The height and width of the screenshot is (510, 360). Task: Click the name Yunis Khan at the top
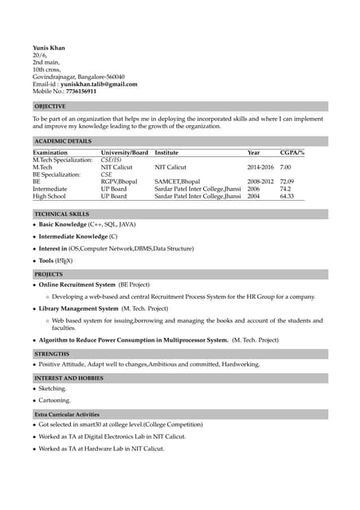point(49,48)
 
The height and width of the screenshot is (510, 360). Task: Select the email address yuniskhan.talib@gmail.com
point(99,84)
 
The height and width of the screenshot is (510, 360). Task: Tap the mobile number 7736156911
point(81,92)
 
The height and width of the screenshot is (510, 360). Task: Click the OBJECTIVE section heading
point(50,106)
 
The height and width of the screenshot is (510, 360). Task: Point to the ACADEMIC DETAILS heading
point(63,141)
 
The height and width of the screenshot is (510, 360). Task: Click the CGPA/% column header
point(292,152)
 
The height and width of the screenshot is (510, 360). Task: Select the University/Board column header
point(124,152)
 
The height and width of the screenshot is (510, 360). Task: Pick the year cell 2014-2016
point(260,167)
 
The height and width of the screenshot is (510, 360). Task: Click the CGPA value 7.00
point(285,167)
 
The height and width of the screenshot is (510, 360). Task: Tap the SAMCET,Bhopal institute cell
point(178,182)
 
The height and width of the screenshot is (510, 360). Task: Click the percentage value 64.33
point(287,196)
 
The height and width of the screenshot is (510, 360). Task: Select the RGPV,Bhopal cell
point(119,182)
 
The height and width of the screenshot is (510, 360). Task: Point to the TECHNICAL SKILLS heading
point(61,214)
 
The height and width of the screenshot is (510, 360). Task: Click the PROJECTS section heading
point(49,273)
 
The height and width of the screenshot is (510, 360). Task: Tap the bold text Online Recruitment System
point(77,284)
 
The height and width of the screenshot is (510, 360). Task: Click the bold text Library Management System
point(79,308)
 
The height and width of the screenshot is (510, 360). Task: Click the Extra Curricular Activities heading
point(67,414)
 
